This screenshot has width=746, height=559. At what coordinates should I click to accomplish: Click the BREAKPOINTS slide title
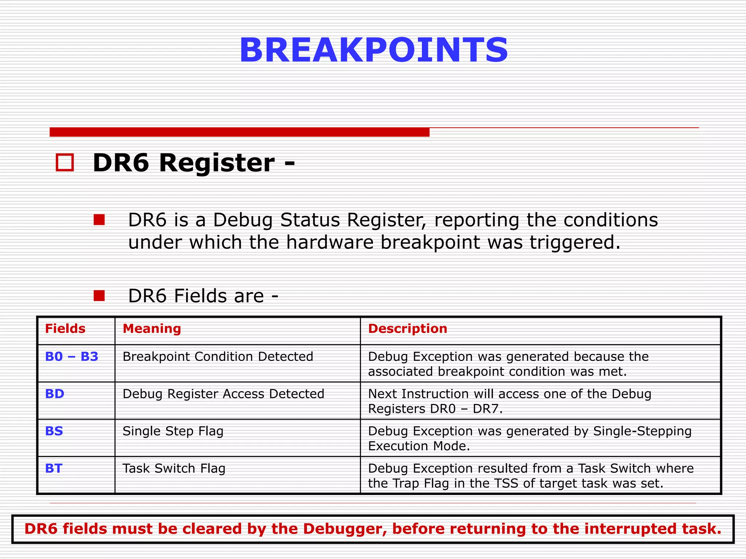tap(373, 50)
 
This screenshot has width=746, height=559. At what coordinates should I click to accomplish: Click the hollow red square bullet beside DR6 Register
tap(65, 162)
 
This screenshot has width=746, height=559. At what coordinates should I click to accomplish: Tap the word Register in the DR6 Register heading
tap(217, 163)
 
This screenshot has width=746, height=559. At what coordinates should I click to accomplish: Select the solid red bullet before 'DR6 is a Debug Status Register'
tap(99, 220)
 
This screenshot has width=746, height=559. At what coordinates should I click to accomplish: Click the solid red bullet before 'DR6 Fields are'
tap(99, 296)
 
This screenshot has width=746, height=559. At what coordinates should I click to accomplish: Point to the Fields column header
tap(65, 329)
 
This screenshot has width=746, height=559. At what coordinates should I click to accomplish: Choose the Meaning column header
tap(152, 329)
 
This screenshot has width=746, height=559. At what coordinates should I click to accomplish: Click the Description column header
tap(408, 329)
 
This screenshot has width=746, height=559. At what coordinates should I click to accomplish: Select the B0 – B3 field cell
tap(72, 357)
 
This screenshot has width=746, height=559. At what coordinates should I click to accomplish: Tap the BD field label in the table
tap(55, 394)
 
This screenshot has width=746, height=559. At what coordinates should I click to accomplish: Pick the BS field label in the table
tap(54, 431)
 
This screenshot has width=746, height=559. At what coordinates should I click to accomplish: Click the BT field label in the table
tap(54, 468)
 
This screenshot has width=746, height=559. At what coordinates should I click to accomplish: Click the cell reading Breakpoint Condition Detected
tap(218, 357)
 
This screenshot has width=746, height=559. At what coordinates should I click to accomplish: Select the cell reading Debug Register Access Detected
tap(223, 394)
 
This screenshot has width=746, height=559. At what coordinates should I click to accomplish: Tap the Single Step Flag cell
tap(173, 431)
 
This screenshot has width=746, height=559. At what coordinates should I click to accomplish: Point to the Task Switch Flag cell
tap(174, 468)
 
